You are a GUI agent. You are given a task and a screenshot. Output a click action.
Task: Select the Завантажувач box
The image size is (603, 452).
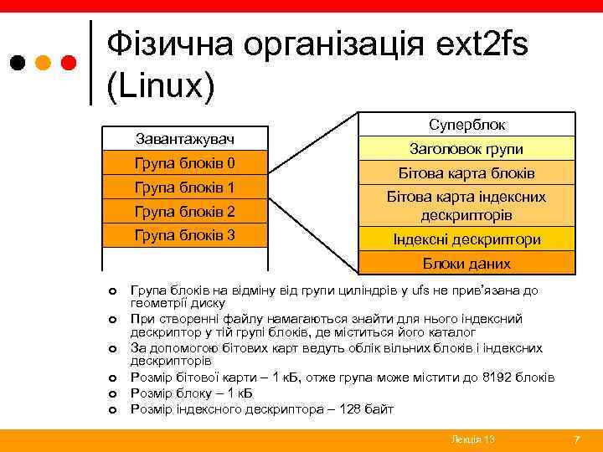185,138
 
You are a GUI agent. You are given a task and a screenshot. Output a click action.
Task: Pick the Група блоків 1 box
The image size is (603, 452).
185,187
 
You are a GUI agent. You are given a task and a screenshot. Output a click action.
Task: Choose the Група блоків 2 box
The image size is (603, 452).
185,211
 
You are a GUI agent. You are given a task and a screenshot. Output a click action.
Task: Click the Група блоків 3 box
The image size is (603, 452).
185,235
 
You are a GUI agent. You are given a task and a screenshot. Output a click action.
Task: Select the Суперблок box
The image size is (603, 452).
466,125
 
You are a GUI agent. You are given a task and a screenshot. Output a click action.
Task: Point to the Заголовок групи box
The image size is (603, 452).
466,149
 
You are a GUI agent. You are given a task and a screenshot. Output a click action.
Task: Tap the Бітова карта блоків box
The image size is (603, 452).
466,173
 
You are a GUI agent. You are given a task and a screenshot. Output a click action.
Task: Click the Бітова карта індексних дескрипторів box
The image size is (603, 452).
466,206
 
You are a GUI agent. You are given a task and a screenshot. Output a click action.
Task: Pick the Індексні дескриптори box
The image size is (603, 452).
466,239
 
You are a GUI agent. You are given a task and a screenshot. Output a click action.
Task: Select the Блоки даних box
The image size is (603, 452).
466,263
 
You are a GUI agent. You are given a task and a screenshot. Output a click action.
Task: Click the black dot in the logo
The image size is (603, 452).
18,62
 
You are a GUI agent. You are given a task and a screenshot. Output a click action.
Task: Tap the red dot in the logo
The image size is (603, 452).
69,62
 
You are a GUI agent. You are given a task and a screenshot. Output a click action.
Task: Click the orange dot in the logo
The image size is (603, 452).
44,62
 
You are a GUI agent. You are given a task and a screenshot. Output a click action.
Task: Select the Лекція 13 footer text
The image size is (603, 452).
472,439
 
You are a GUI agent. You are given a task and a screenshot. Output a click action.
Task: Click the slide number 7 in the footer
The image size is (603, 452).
575,439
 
